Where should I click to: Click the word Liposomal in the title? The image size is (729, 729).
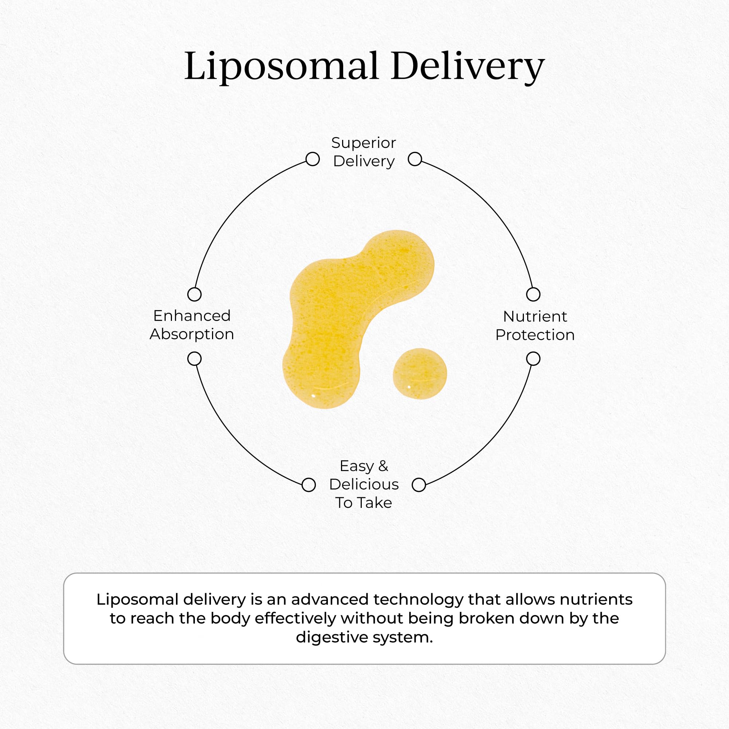(x=281, y=66)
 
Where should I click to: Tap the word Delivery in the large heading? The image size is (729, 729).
(x=467, y=66)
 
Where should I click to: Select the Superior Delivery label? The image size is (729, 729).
(x=364, y=152)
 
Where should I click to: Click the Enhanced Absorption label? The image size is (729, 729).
(x=192, y=325)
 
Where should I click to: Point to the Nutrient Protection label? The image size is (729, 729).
(x=535, y=326)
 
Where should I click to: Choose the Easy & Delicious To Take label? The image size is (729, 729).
(x=364, y=484)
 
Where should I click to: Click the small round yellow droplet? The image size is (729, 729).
(x=420, y=373)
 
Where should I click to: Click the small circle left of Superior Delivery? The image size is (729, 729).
(x=313, y=159)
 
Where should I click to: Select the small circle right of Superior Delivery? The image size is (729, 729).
(x=415, y=159)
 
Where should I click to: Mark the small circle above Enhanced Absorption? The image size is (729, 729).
(x=194, y=294)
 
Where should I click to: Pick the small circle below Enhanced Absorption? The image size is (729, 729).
(x=194, y=359)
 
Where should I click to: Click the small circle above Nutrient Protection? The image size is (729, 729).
(x=533, y=294)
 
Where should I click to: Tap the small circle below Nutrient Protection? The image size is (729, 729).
(x=533, y=359)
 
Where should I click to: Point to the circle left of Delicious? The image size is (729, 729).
(x=309, y=485)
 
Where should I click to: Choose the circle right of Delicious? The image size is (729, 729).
(x=419, y=485)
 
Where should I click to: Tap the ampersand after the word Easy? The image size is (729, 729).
(x=383, y=466)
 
